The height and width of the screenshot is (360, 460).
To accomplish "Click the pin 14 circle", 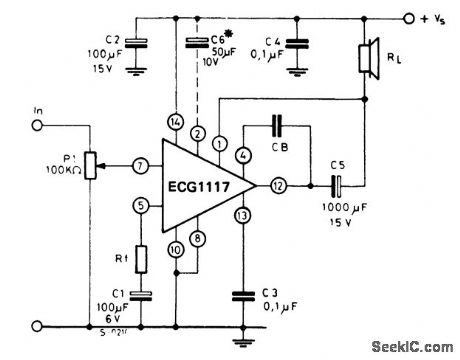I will coord(177,121).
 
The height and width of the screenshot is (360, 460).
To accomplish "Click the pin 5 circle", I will coord(141,206).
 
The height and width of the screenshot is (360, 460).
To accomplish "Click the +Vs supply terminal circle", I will coord(408,18).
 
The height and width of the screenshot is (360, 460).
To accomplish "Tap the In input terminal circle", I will coord(38,125).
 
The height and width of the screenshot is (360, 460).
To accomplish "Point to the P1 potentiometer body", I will coord(89,164).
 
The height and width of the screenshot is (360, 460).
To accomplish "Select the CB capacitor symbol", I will coord(278,128).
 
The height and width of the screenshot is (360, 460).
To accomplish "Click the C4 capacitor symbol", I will coord(297,46).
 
